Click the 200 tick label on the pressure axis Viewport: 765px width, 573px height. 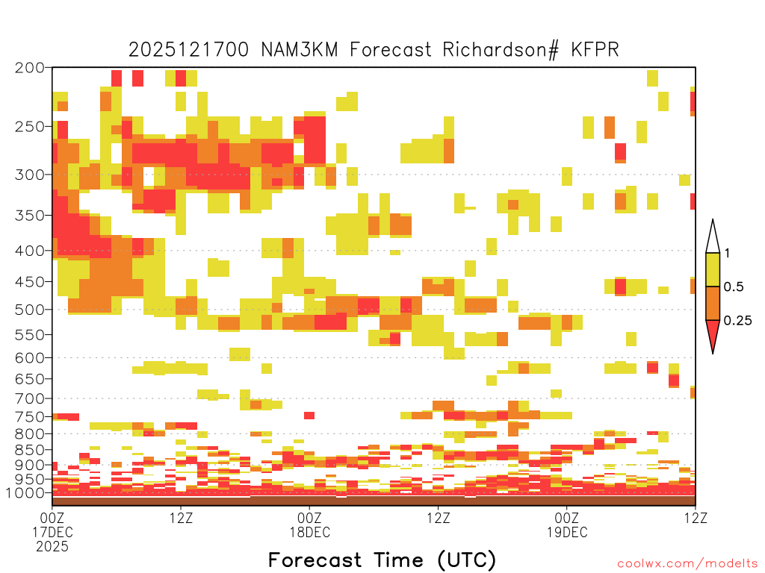[x=29, y=68]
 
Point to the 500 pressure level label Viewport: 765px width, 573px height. [x=29, y=310]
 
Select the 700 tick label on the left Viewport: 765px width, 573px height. [x=29, y=398]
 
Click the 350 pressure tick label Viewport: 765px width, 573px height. [x=29, y=215]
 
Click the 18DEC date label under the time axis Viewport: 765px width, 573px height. [x=310, y=532]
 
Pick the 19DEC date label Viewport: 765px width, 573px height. [x=567, y=532]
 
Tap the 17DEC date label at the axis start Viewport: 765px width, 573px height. [x=53, y=532]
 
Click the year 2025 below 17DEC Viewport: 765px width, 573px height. [x=52, y=547]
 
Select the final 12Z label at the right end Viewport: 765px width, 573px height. [x=696, y=518]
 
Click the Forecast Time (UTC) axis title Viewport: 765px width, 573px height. [x=382, y=560]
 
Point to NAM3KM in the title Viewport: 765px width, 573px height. [x=299, y=50]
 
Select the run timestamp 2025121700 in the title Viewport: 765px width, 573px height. [x=189, y=50]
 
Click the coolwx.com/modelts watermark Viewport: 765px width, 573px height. [x=688, y=564]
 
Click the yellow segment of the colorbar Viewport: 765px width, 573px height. [x=713, y=269]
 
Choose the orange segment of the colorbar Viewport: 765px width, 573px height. [x=713, y=303]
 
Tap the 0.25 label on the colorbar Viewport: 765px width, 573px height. [x=737, y=321]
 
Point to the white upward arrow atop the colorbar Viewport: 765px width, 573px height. [x=713, y=237]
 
